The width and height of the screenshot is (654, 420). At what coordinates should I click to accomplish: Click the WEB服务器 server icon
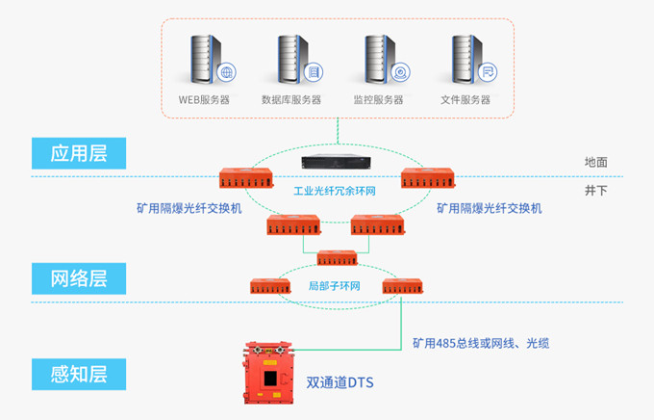208,59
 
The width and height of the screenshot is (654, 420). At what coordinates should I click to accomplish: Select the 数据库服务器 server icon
294,59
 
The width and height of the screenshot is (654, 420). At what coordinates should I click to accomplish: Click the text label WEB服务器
205,100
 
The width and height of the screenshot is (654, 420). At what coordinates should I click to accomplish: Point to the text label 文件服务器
465,100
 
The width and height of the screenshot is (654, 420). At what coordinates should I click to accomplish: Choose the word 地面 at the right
596,163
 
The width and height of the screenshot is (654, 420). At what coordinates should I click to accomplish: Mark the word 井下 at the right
596,190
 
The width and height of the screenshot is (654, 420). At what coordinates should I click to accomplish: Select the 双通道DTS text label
340,382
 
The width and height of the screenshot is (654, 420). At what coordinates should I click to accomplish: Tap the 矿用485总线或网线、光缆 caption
481,343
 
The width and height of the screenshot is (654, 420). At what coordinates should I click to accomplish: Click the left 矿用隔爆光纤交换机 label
189,208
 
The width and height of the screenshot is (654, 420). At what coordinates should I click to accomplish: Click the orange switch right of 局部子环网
403,285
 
